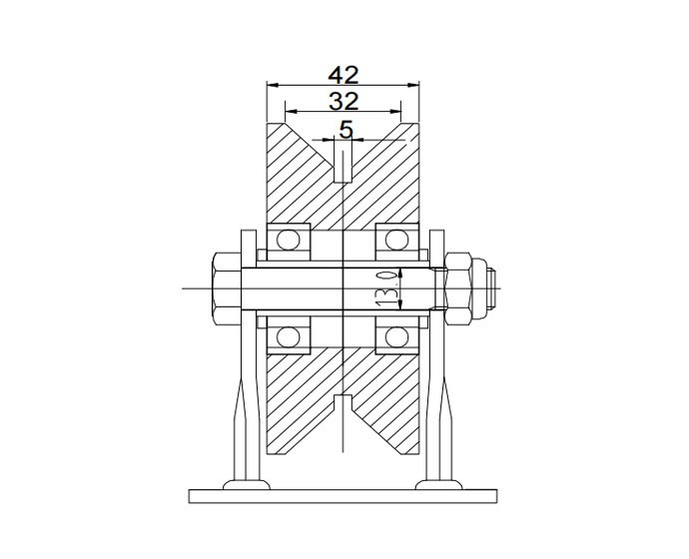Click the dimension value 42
click(x=344, y=75)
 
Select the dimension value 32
click(x=344, y=101)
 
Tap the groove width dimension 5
click(x=346, y=129)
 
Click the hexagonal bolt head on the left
click(x=225, y=288)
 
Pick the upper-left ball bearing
click(x=291, y=240)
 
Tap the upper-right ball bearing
click(x=395, y=240)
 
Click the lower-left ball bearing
click(x=291, y=335)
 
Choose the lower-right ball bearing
click(x=395, y=335)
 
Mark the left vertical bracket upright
click(x=243, y=399)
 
